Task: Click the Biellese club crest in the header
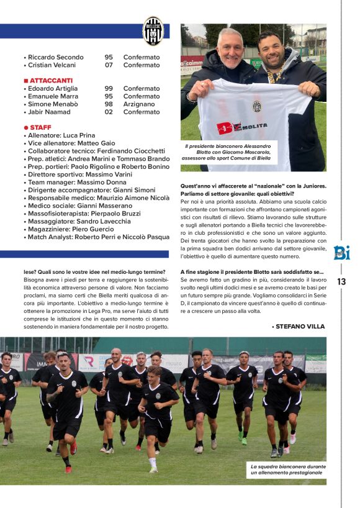[x=153, y=31]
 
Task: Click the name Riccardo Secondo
[x=55, y=57]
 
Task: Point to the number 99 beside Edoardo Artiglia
[x=109, y=89]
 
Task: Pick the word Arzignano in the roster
[x=140, y=104]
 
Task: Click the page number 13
[x=341, y=282]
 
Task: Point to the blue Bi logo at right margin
[x=341, y=253]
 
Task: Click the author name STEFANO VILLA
[x=300, y=326]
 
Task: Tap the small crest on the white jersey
[x=256, y=106]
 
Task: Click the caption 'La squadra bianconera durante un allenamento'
[x=286, y=469]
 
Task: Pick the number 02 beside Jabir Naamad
[x=109, y=112]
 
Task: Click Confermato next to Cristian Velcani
[x=141, y=65]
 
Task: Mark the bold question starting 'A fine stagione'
[x=252, y=272]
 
